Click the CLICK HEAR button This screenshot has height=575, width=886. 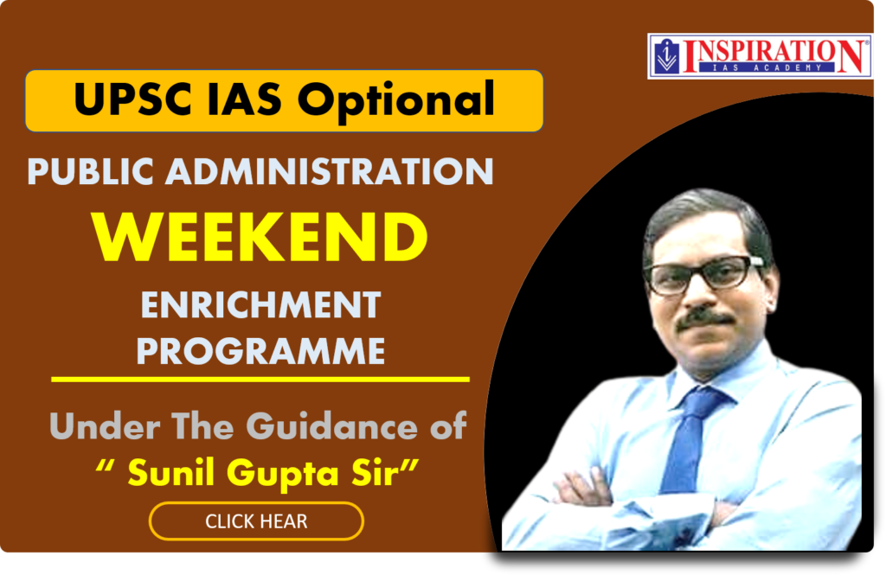(x=256, y=521)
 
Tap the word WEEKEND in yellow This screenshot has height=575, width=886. (x=260, y=237)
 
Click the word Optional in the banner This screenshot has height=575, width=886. (x=396, y=101)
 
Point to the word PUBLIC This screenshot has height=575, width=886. (x=90, y=171)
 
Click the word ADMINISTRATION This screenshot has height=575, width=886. (x=330, y=171)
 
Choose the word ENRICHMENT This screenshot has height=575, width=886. (x=260, y=305)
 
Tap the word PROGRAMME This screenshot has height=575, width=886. (x=260, y=351)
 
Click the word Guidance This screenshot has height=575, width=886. (x=331, y=426)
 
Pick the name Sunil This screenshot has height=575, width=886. (x=171, y=471)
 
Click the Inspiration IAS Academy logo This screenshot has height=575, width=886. (x=760, y=56)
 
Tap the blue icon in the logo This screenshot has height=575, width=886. (x=667, y=56)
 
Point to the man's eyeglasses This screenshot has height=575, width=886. (x=705, y=275)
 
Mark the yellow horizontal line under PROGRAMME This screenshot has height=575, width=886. (x=260, y=380)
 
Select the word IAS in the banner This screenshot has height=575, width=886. (x=243, y=99)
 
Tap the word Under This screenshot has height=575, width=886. (x=105, y=426)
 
